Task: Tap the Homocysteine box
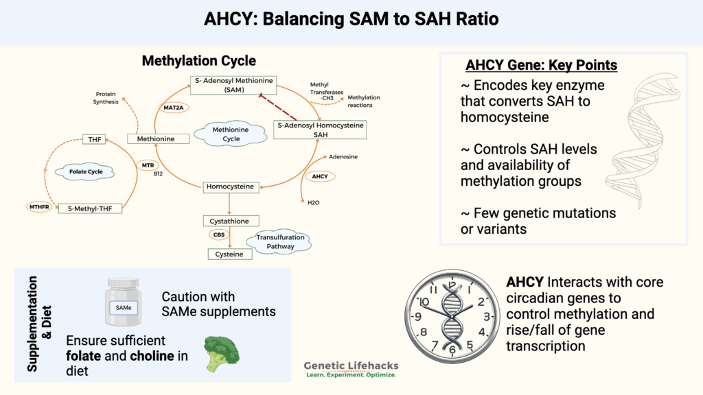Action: coord(230,187)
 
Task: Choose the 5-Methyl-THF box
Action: coord(90,206)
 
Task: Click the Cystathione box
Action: coord(230,221)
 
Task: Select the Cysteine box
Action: coord(230,254)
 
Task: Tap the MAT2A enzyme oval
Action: coord(171,108)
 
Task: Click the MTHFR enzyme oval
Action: coord(40,206)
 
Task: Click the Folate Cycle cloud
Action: coord(82,171)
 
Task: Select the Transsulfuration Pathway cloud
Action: coord(280,241)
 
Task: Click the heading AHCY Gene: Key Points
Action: coord(541,66)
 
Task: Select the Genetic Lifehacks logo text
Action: coord(351,367)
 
